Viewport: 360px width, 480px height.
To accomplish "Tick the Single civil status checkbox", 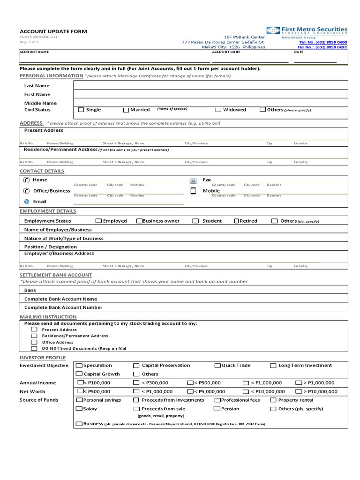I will coord(81,110).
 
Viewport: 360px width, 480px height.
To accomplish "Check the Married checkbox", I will coord(126,110).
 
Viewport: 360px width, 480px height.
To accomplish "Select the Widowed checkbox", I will coord(218,110).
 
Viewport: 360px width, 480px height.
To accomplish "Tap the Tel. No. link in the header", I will coord(323,42).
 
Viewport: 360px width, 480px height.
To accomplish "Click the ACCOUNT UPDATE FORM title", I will coord(53,31).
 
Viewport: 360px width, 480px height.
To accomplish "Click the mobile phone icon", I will coord(193,191).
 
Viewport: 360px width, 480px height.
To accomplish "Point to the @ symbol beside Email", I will coord(26,202).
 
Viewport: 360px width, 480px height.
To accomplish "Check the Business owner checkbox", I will coord(139,221).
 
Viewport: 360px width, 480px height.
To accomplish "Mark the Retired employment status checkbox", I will coord(236,221).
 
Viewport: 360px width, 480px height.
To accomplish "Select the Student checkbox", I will coord(195,221).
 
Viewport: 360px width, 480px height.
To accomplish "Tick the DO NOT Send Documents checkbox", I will coord(34,348).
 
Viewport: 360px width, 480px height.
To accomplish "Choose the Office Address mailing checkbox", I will coord(34,342).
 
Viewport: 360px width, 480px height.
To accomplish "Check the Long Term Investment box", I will coord(273,365).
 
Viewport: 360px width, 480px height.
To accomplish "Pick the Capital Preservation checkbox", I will coord(136,365).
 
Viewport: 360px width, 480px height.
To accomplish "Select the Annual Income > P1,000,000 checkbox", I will coord(298,382).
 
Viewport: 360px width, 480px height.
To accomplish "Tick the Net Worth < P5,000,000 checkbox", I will coord(190,391).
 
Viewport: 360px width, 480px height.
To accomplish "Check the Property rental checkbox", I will coord(273,400).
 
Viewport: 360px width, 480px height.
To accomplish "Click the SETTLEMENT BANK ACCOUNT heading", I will coord(56,275).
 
